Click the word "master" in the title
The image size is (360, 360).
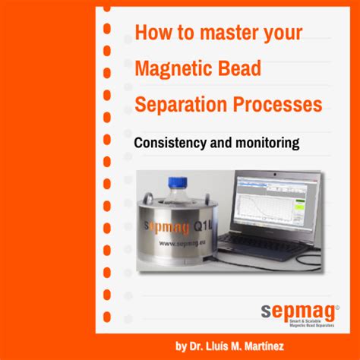[x=220, y=33]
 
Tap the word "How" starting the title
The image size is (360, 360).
[x=150, y=33]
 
